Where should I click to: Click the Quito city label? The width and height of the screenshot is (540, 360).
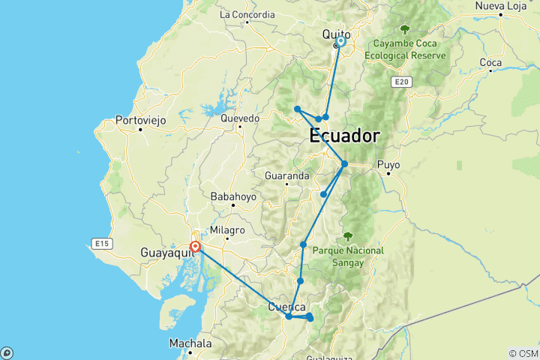tap(334, 34)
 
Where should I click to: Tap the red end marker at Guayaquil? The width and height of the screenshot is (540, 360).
tap(195, 246)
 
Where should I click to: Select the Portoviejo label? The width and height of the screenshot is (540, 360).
tap(139, 119)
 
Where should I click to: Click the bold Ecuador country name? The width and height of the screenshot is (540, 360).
tap(344, 137)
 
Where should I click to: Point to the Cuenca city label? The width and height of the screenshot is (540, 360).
tap(286, 307)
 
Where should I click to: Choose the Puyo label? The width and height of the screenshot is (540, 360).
tap(390, 163)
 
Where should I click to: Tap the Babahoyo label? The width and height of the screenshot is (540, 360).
tap(232, 196)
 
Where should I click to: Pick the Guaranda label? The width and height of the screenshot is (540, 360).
tap(287, 175)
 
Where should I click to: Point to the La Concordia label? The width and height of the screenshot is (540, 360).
tap(247, 14)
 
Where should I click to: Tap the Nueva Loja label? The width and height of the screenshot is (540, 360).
tap(499, 6)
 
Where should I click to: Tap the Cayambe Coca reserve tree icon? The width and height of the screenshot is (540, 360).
tap(405, 30)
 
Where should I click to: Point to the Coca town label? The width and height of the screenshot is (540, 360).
tap(490, 62)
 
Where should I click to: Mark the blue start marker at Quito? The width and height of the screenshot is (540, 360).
tap(340, 42)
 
